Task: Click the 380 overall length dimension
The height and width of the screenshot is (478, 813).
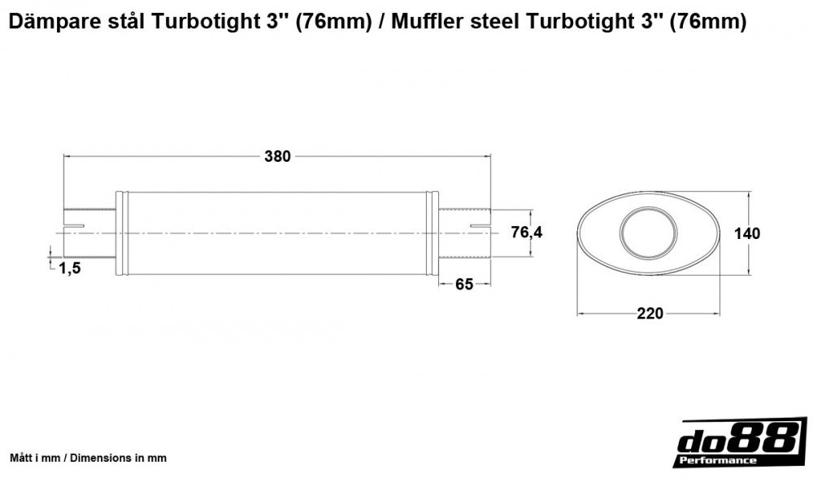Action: click(x=277, y=157)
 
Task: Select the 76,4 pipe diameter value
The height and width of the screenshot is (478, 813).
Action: click(x=526, y=233)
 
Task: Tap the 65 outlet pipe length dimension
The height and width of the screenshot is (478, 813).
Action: click(x=464, y=285)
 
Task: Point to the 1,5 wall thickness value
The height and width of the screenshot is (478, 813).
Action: click(x=70, y=269)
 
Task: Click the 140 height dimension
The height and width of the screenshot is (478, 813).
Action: click(x=746, y=234)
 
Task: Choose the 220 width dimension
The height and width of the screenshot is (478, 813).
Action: click(x=650, y=313)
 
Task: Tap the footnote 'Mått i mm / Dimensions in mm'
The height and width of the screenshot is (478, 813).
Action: click(x=88, y=458)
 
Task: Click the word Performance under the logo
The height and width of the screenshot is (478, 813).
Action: click(x=715, y=461)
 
